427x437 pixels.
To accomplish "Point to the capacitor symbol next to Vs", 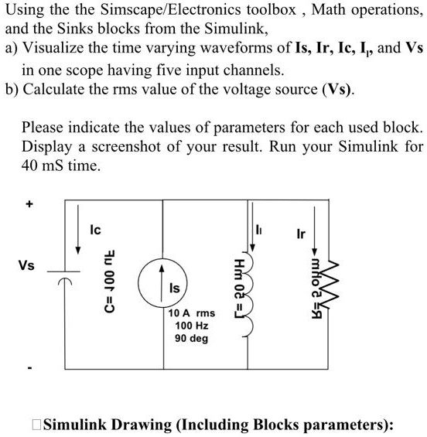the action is (64, 276).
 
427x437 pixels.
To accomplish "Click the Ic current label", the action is (95, 230).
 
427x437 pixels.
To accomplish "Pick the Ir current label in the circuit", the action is (301, 234).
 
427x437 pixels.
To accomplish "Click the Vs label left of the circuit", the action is (26, 265).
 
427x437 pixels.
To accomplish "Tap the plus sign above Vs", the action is (29, 204).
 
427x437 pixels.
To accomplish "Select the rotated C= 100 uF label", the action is (109, 281).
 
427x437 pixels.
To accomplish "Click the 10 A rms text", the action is (192, 313).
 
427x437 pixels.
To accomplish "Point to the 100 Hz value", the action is (192, 326).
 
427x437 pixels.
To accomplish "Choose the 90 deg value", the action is (192, 338).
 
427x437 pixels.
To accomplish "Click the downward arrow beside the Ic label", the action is (78, 230).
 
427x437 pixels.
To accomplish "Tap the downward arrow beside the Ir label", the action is (314, 230).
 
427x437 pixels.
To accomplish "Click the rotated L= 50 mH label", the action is (240, 288).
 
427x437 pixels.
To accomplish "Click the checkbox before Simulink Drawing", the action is (36, 425).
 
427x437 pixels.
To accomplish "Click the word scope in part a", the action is (85, 71).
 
